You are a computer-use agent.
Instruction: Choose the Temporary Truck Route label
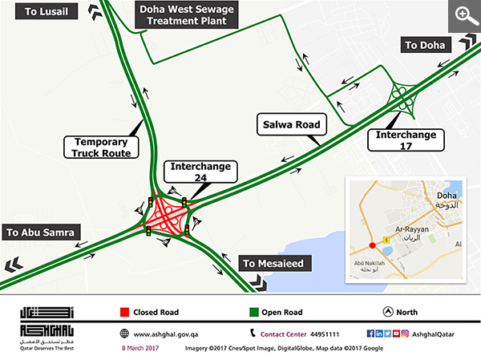101,146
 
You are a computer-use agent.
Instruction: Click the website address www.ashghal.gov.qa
171,334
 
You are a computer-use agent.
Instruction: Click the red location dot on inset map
371,245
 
